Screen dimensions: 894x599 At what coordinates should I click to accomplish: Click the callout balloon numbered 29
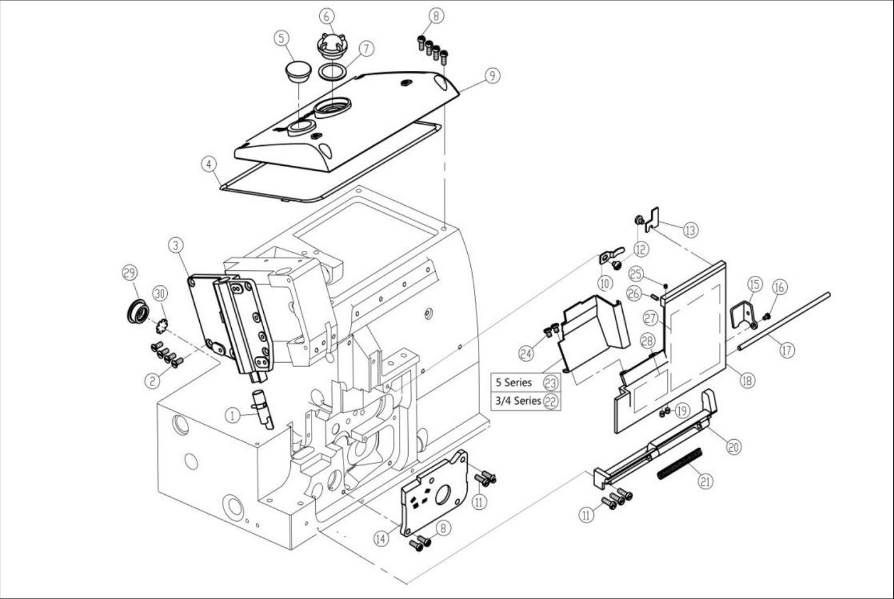130,273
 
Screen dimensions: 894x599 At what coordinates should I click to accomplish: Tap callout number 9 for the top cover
493,75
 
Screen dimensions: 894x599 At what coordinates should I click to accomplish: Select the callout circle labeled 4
209,164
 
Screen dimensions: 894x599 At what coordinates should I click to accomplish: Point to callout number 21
706,481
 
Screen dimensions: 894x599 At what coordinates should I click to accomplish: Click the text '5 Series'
514,382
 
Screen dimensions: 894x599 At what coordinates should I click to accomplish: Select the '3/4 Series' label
518,401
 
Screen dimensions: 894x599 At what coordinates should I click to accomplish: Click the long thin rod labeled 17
784,322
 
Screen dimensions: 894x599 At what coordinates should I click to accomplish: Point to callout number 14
381,539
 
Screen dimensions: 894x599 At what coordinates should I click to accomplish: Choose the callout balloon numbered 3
176,246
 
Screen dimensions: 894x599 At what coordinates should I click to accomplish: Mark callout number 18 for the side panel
747,380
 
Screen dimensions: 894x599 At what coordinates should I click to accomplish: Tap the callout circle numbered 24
526,353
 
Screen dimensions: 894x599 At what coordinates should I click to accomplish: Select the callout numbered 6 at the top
327,16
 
